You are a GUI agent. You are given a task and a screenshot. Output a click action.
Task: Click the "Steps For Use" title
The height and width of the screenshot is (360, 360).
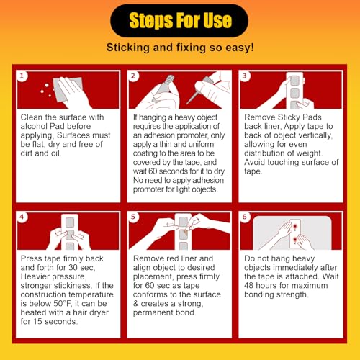pos(180,20)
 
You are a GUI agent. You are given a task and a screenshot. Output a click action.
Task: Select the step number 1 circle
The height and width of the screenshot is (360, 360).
pos(22,76)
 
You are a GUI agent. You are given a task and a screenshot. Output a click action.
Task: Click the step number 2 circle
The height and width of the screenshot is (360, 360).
pos(133,76)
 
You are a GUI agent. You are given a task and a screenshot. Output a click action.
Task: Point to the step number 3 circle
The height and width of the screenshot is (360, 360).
pos(245,76)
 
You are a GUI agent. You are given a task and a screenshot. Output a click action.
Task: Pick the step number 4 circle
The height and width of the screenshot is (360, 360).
pos(22,217)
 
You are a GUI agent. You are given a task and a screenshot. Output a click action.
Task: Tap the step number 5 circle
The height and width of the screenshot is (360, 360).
pos(133,217)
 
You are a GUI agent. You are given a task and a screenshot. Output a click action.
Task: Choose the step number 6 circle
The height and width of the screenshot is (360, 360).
pos(245,217)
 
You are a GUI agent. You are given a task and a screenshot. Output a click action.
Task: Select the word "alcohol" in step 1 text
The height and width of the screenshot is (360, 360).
pos(33,126)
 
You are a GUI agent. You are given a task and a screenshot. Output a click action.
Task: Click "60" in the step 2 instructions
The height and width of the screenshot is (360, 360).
pos(153,171)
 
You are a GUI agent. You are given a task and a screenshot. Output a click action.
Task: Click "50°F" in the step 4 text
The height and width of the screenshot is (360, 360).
pos(62,304)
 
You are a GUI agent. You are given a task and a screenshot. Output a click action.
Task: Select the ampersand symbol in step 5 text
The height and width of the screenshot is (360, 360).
pos(136,304)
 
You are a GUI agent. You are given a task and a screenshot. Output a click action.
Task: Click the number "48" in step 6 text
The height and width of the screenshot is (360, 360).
pos(249,286)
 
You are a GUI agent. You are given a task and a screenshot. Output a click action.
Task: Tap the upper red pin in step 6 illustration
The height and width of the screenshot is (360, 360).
pos(295,226)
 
